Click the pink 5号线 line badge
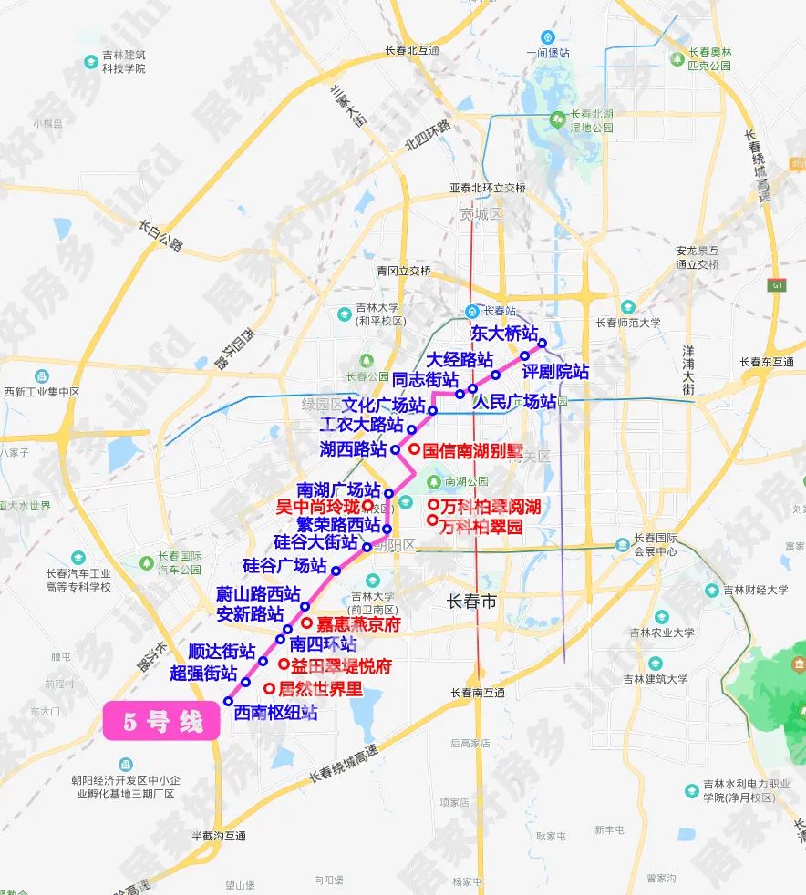tap(162, 722)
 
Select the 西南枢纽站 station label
tap(275, 713)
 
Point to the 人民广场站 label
tap(515, 401)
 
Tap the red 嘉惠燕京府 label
tap(357, 624)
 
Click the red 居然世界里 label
tap(320, 689)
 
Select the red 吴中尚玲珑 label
tap(318, 505)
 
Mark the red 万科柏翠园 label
tap(481, 526)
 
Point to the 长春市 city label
tap(472, 602)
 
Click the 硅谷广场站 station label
tap(284, 565)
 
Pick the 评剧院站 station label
tap(555, 372)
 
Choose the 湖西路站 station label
tap(353, 448)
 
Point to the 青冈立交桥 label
tap(404, 271)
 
